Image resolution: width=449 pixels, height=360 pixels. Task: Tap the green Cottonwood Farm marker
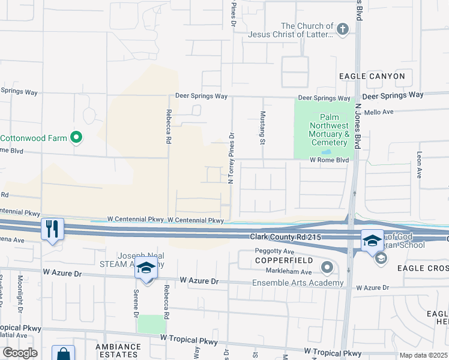point(76,138)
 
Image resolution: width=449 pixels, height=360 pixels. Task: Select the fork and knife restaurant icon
point(52,229)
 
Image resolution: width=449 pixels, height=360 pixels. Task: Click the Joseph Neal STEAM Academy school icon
point(146,268)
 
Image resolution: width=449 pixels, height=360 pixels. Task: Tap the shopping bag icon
point(63,354)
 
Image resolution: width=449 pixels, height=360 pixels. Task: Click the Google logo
point(19,353)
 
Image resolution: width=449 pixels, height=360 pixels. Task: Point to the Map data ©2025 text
point(423,355)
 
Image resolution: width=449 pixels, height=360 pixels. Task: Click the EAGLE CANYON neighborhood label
point(372,76)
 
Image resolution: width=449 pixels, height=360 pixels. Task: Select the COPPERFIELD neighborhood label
point(276,261)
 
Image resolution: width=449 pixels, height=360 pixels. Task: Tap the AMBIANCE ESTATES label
point(118,350)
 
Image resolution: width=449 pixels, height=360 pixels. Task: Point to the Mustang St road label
point(262,128)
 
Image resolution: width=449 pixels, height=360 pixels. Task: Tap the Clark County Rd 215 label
point(288,238)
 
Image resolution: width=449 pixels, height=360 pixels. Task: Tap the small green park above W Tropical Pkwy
point(151,325)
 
